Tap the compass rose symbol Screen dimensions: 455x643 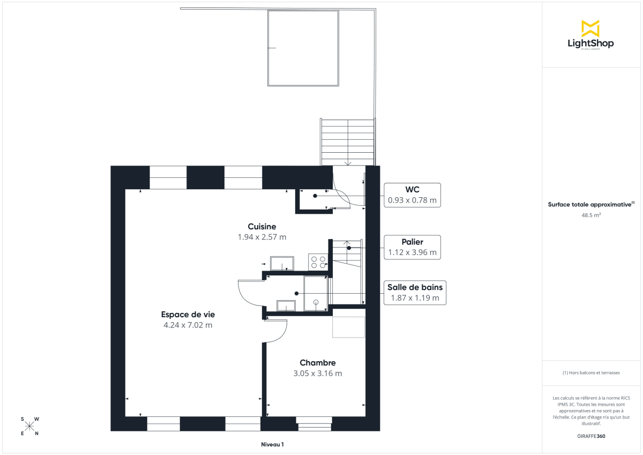[29, 427]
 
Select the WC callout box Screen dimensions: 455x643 [412, 195]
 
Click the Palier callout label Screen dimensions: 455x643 [412, 242]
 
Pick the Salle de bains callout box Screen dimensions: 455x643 [415, 293]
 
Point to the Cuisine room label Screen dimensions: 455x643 [262, 227]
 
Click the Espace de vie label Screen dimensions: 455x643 [188, 315]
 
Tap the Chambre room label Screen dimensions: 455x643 [317, 363]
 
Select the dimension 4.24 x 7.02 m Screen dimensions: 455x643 [188, 325]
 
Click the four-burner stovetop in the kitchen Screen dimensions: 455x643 [318, 262]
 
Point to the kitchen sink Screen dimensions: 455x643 [282, 264]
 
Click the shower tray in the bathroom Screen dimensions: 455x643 [315, 293]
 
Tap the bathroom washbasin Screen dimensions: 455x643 [285, 305]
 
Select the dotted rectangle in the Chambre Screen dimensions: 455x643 [348, 327]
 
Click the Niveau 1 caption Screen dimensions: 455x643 [272, 444]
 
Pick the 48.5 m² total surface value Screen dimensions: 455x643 [590, 215]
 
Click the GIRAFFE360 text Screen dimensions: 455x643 [590, 436]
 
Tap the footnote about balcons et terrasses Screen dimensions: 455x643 [590, 372]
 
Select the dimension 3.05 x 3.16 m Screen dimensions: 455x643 [317, 374]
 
